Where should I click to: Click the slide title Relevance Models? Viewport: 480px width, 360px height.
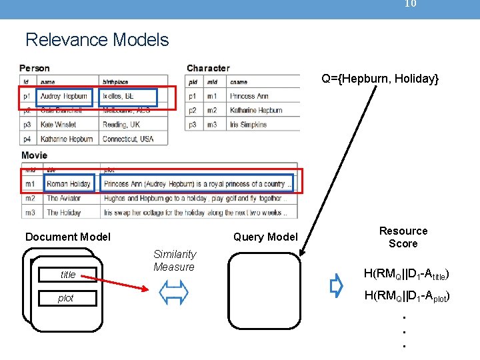tap(97, 40)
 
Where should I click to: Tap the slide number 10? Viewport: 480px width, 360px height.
tap(411, 4)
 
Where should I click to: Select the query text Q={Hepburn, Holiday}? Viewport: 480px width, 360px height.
tap(380, 79)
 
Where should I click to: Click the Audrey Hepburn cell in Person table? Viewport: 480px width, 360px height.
tap(63, 97)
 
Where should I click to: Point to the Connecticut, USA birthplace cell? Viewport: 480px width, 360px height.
tap(128, 139)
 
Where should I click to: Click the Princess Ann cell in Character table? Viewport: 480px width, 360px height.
tap(249, 97)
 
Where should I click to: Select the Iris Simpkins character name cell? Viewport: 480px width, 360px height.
tap(249, 125)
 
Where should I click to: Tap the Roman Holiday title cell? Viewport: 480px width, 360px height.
tap(69, 183)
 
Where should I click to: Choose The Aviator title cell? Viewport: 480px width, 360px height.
tap(63, 198)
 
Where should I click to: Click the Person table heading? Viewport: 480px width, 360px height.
tap(35, 68)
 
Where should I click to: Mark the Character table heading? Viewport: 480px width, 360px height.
tap(208, 68)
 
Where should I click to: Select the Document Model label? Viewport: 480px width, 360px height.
tap(68, 237)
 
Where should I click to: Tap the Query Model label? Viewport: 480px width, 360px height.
tap(265, 237)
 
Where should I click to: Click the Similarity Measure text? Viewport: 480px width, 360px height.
tap(174, 260)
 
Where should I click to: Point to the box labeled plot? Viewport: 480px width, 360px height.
tap(66, 298)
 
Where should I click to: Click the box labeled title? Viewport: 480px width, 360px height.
tap(68, 274)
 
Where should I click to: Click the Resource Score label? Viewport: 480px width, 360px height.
tap(403, 237)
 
